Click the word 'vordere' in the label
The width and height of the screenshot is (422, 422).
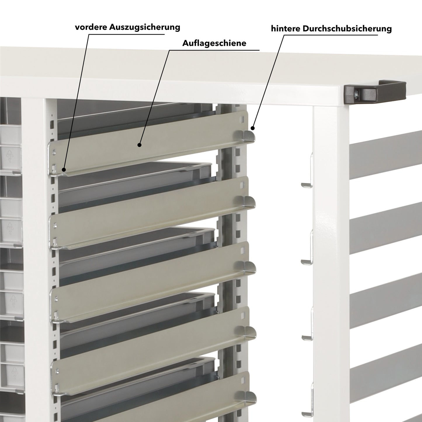coord(91,27)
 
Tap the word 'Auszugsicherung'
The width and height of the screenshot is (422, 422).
coord(145,27)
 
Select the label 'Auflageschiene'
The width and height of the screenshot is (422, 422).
coord(214,43)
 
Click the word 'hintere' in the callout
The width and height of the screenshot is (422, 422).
coord(286,29)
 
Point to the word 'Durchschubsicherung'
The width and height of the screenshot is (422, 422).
coord(347,29)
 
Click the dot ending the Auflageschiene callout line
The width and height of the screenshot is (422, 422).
coord(140,145)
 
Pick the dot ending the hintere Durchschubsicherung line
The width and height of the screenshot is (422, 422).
coord(252,128)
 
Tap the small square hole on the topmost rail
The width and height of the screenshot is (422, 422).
coord(242,119)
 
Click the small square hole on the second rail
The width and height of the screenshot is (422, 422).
coord(242,185)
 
